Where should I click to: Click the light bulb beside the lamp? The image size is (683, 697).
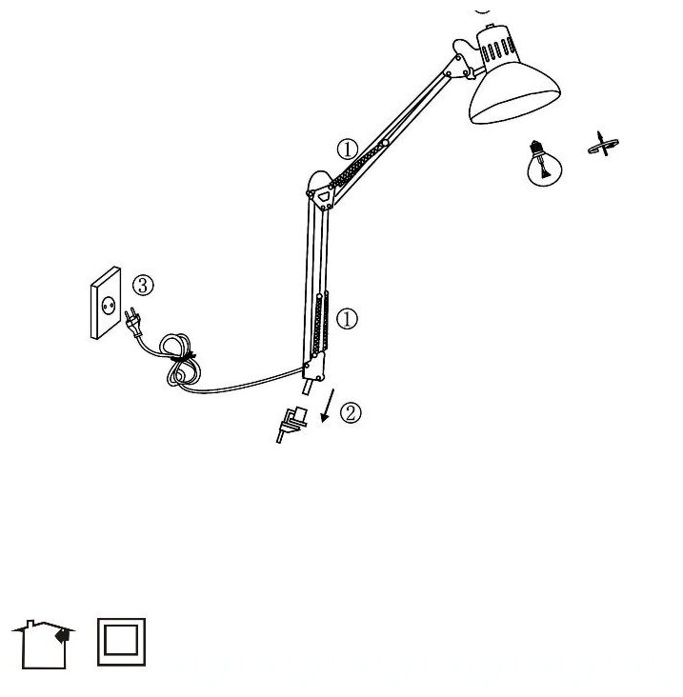[x=541, y=161]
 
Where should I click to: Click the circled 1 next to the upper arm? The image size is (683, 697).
[x=347, y=149]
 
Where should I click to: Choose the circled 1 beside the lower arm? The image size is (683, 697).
[x=349, y=319]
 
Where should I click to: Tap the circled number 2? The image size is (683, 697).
[x=351, y=412]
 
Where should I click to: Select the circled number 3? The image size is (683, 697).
[x=142, y=285]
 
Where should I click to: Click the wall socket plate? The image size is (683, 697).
[x=107, y=303]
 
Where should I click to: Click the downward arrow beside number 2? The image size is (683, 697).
[x=328, y=405]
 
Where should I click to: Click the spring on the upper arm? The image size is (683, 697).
[x=357, y=163]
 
